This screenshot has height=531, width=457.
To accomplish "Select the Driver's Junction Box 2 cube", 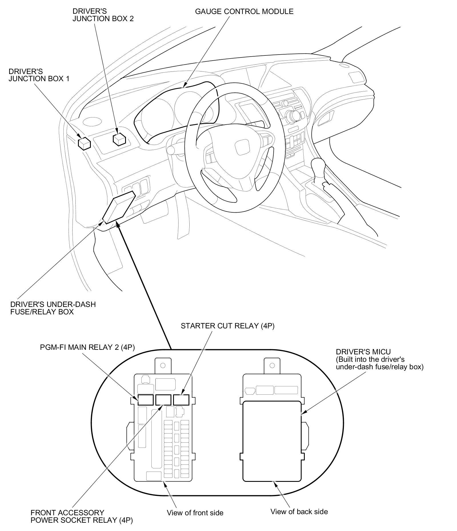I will coord(119,139).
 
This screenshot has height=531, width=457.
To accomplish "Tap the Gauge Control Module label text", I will coord(244,12).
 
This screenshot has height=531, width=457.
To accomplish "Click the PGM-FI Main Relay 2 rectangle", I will coord(146,400).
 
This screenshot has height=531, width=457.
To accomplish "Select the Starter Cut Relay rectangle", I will coord(181,400).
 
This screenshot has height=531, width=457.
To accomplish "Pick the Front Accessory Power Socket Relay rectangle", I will coord(163,400).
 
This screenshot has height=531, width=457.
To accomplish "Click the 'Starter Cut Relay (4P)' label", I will coord(227,326).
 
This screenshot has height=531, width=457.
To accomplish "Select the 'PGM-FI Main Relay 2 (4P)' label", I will coord(87,347).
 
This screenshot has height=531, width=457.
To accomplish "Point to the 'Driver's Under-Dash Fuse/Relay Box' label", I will coord(53,308).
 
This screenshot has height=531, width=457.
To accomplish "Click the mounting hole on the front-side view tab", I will coord(163,365).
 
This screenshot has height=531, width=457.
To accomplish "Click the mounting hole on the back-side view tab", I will coord(272,365).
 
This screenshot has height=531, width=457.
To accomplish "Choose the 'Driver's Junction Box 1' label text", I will coord(39,75).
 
